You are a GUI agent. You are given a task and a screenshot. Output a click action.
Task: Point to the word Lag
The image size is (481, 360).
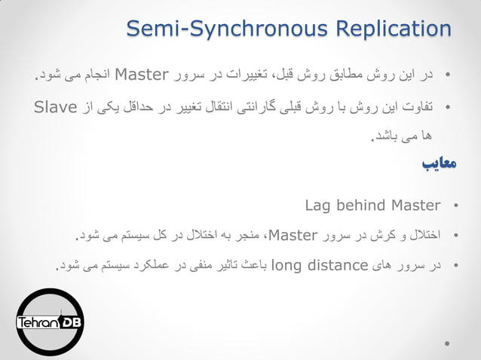point(319,205)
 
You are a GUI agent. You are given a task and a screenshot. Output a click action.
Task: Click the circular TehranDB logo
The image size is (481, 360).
point(51,322)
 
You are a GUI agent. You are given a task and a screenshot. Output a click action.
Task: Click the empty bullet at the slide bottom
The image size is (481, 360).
point(449,345)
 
